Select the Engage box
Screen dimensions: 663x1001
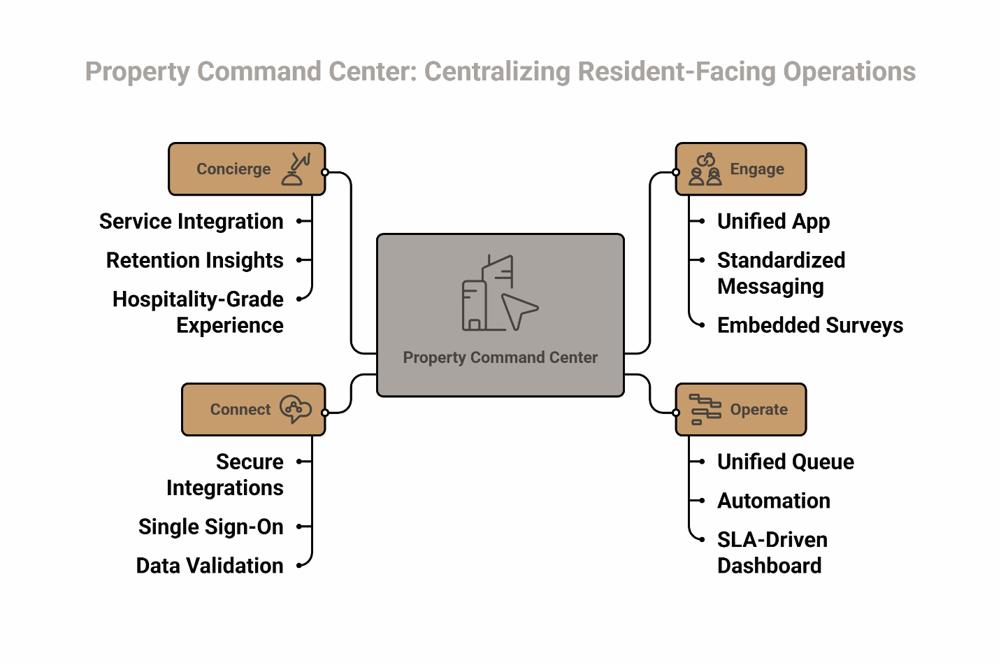(x=740, y=169)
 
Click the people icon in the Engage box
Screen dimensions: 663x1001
(x=705, y=170)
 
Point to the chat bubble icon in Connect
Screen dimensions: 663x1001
(x=296, y=409)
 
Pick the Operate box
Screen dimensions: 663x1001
(x=740, y=410)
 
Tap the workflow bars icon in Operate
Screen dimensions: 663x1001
(x=705, y=410)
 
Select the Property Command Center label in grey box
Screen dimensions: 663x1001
(x=500, y=357)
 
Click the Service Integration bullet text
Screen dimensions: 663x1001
(x=192, y=222)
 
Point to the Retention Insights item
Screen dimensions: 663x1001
(x=195, y=261)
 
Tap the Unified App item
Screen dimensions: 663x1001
(x=773, y=222)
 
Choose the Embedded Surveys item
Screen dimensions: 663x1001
(x=809, y=326)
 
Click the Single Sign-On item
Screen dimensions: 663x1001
(x=211, y=527)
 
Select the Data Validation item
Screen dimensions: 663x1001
(x=210, y=566)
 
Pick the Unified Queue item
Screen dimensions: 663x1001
(x=785, y=462)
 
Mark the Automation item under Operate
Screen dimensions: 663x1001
(x=774, y=501)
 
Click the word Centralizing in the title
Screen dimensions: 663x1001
(x=497, y=72)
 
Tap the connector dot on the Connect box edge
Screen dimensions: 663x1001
(x=325, y=413)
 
